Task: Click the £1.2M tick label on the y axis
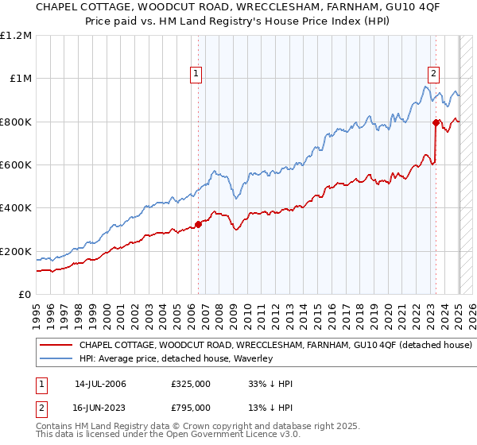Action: tap(16, 35)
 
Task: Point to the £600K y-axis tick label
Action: tap(16, 164)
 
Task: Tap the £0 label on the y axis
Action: tap(25, 294)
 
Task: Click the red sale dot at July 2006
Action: tap(198, 224)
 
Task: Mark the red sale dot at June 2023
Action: tap(436, 122)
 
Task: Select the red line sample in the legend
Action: tap(55, 346)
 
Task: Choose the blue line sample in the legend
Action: tap(55, 359)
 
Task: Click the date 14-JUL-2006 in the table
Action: tap(100, 384)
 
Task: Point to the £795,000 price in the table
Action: tap(191, 406)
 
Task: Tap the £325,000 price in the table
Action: tap(191, 384)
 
